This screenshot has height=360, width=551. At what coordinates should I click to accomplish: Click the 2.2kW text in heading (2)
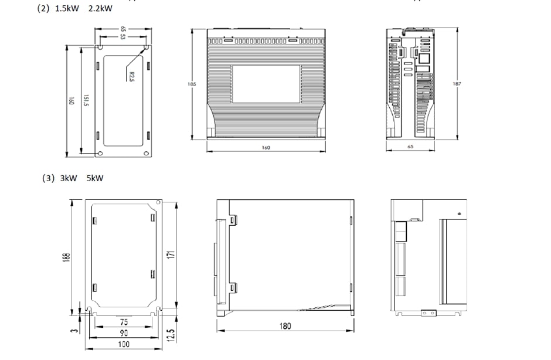(100, 8)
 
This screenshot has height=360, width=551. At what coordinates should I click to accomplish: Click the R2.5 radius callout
(131, 77)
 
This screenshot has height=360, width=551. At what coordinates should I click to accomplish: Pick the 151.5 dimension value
(86, 101)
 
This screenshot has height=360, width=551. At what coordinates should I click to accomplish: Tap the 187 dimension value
(457, 84)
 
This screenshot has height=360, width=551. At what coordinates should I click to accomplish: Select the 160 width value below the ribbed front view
(266, 147)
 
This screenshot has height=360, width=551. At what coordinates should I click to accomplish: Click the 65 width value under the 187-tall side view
(410, 147)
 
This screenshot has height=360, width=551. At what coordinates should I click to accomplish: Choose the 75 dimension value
(124, 322)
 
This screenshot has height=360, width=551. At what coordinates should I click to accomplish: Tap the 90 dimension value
(124, 333)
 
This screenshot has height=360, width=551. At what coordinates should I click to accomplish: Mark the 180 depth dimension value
(284, 326)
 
